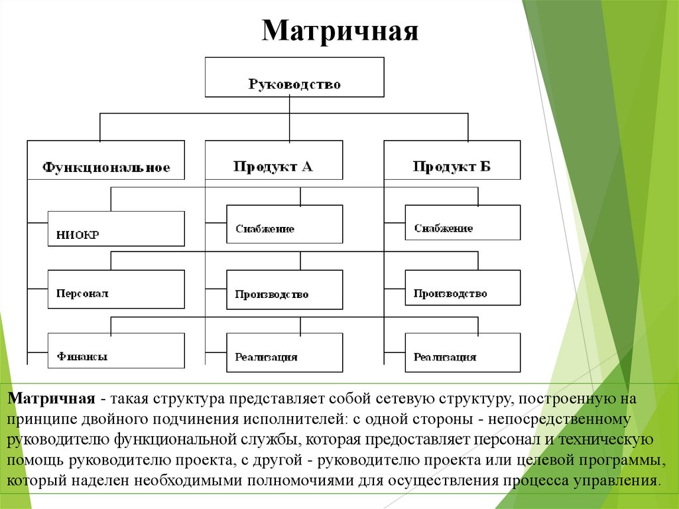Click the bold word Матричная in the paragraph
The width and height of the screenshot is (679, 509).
52,400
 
